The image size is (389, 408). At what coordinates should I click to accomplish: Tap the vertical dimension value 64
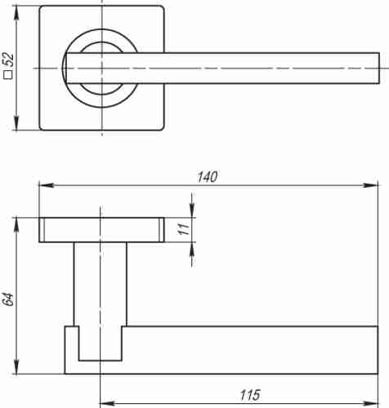(x=9, y=298)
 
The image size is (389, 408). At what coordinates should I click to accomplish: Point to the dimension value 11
(x=183, y=230)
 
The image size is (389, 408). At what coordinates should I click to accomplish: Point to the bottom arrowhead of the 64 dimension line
(x=16, y=370)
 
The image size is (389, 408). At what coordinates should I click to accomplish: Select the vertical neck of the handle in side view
(x=101, y=286)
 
